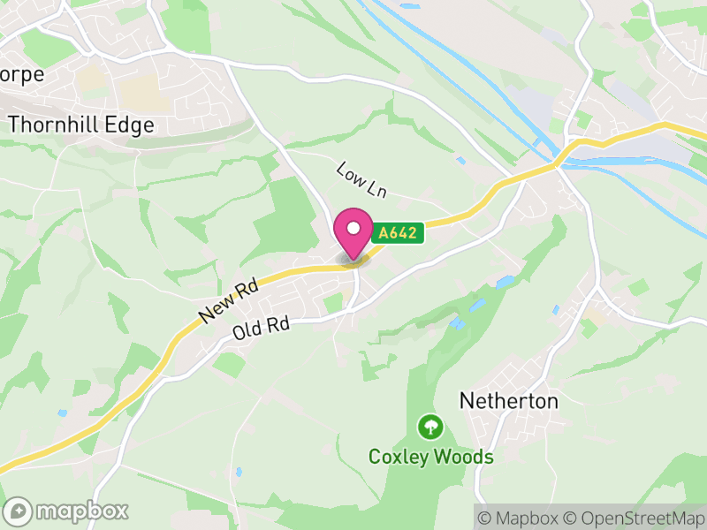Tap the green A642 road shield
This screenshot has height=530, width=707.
point(399,233)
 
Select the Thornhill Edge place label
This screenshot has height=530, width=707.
point(80,125)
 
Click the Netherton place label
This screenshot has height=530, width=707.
point(508,401)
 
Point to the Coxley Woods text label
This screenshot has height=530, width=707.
point(430,457)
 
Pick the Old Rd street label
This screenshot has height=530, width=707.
point(262,329)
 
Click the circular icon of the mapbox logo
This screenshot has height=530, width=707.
point(18,511)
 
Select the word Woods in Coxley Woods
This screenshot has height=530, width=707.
point(466,457)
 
